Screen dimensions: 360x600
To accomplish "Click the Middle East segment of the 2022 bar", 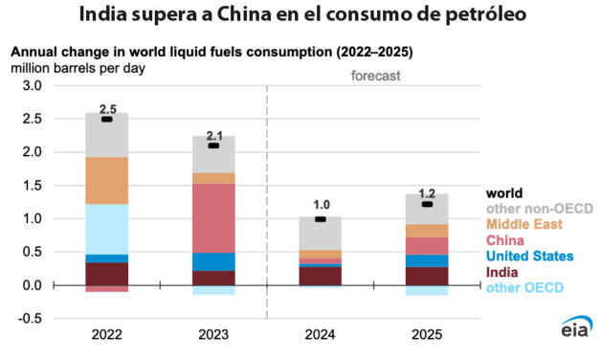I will pyautogui.click(x=106, y=180).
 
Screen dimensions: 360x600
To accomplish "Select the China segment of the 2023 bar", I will pyautogui.click(x=213, y=217).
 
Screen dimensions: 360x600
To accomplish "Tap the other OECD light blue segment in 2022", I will pyautogui.click(x=106, y=228).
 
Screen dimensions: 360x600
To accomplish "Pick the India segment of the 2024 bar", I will pyautogui.click(x=321, y=276).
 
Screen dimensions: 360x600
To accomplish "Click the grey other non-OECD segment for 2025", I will pyautogui.click(x=427, y=209).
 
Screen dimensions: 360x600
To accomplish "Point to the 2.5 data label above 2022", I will pyautogui.click(x=107, y=110).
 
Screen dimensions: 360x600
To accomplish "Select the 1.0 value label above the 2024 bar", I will pyautogui.click(x=321, y=205).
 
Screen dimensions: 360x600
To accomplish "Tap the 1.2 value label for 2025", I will pyautogui.click(x=427, y=191).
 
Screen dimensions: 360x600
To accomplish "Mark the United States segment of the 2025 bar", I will pyautogui.click(x=427, y=260).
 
